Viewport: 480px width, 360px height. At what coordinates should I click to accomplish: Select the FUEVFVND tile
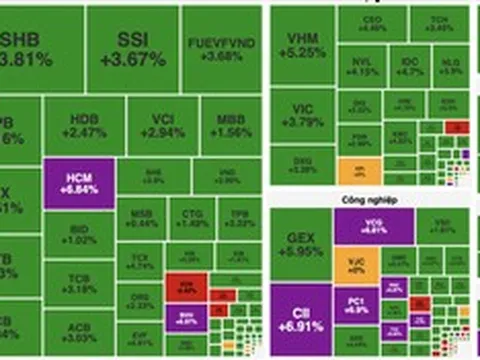tap(222, 49)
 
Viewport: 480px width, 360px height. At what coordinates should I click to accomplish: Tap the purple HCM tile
tap(79, 183)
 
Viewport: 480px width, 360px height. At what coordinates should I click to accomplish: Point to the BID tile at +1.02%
tap(81, 234)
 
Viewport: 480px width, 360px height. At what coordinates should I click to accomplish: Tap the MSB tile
tap(143, 218)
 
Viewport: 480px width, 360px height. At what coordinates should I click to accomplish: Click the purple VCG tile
tap(372, 224)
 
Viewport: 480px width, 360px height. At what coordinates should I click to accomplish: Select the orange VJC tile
tap(357, 265)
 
